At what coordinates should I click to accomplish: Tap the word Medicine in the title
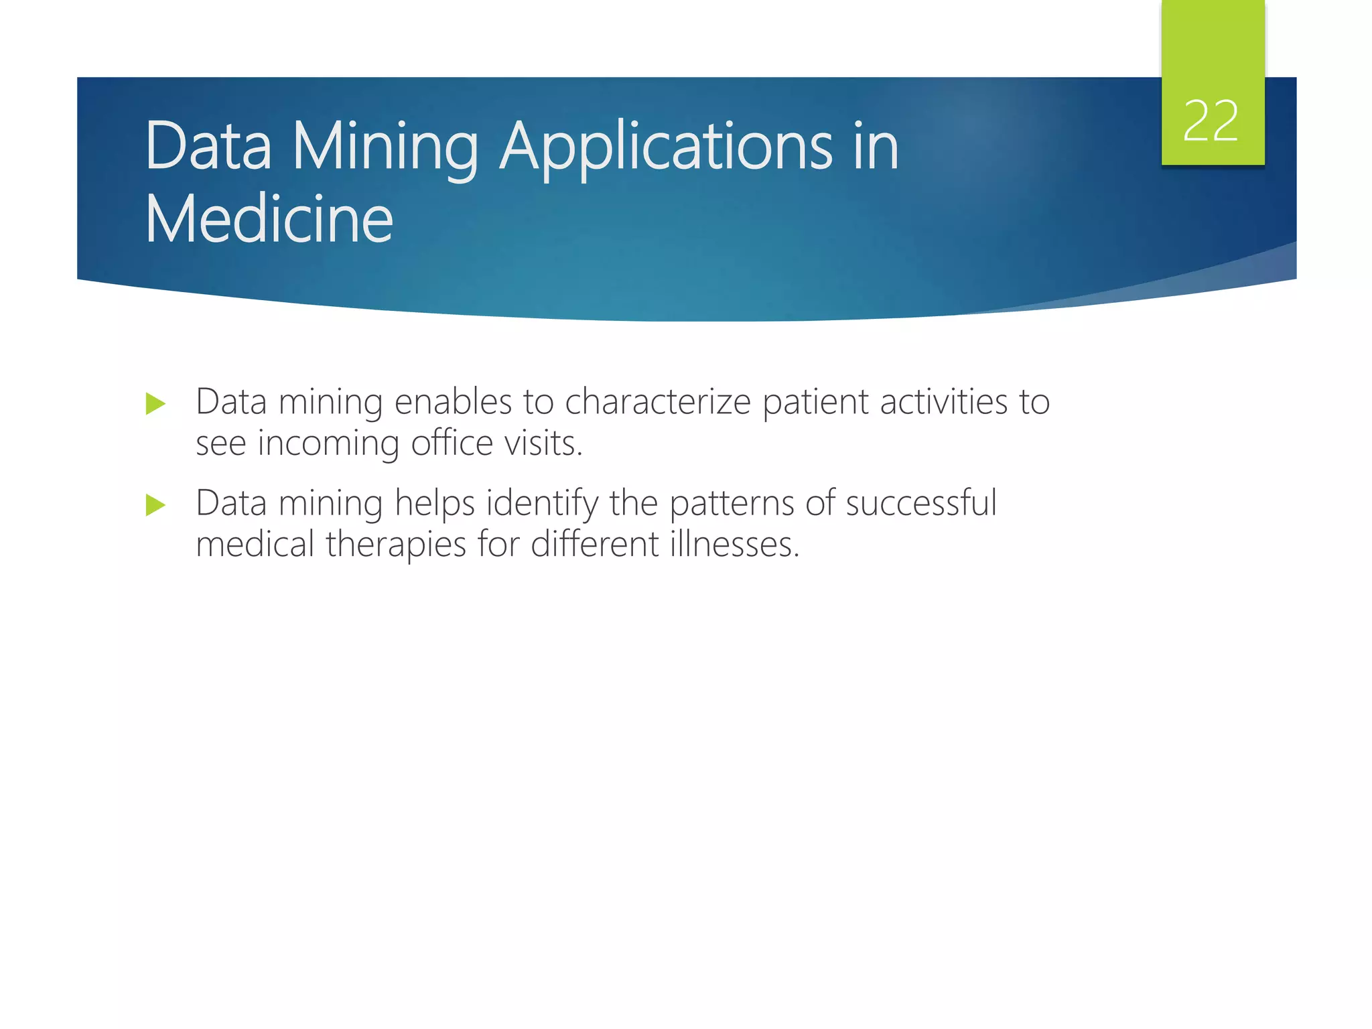[269, 219]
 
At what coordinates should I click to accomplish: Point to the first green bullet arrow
[155, 404]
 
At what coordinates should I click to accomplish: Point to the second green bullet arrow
[155, 505]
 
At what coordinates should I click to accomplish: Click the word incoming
[328, 444]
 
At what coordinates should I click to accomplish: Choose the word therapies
[396, 545]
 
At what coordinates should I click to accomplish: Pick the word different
[595, 543]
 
